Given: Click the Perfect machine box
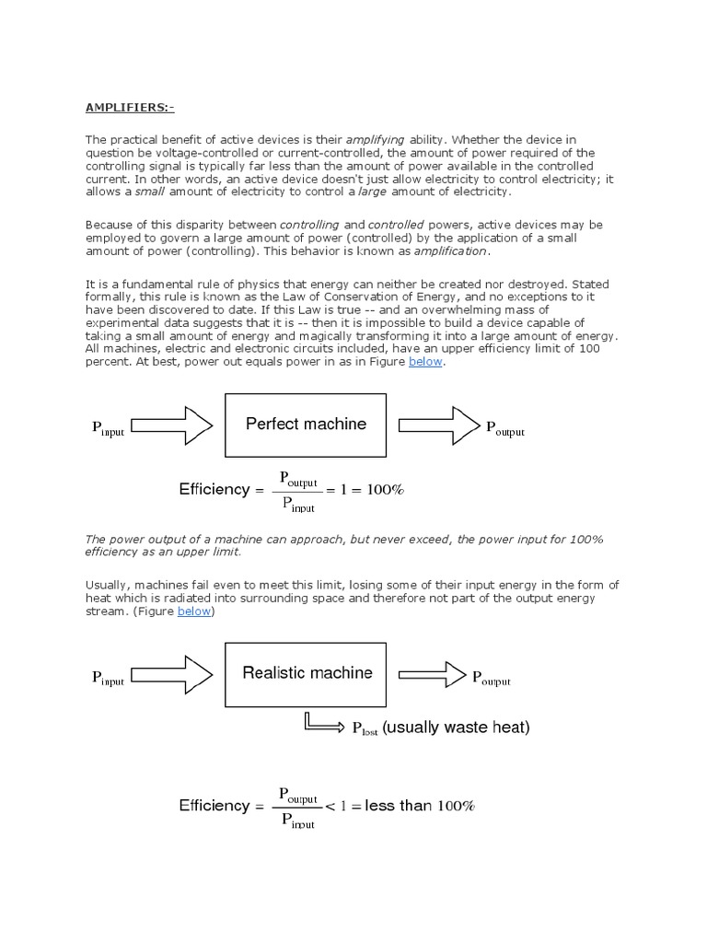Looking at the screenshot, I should (306, 425).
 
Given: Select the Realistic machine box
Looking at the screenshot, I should (307, 673).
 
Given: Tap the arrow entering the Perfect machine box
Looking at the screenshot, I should (172, 425).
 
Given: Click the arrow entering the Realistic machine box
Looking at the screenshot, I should (172, 674).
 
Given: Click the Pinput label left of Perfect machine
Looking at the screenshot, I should (108, 428).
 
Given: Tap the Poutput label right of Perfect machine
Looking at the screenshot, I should (504, 429).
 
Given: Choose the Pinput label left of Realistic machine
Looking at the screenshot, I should (108, 679).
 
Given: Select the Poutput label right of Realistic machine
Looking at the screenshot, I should (491, 679).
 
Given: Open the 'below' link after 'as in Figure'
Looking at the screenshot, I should (426, 362).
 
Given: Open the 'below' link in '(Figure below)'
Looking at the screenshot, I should (195, 611).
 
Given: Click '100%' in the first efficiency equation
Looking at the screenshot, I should (385, 490).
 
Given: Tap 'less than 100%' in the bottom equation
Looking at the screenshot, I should (419, 806).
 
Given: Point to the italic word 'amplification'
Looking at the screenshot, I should (450, 250).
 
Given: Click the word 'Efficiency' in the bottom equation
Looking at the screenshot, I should (214, 806).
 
